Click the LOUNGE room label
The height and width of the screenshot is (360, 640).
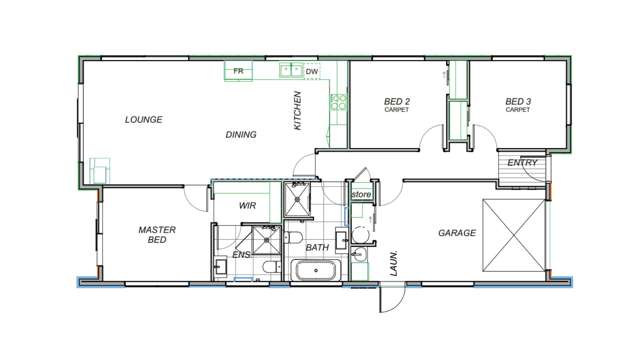pyautogui.click(x=143, y=119)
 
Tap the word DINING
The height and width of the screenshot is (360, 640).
pyautogui.click(x=240, y=134)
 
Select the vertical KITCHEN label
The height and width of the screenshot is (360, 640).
pyautogui.click(x=297, y=111)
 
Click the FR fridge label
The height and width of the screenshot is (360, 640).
pyautogui.click(x=238, y=72)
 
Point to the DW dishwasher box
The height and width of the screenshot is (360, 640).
pyautogui.click(x=311, y=72)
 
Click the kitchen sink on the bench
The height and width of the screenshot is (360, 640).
pyautogui.click(x=290, y=70)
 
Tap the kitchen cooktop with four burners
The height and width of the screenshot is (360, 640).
pyautogui.click(x=338, y=101)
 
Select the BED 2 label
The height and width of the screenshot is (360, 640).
pyautogui.click(x=398, y=102)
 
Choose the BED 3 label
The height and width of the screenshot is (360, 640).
pyautogui.click(x=517, y=102)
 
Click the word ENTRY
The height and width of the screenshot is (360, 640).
pyautogui.click(x=522, y=162)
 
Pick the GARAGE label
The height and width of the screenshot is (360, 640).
pyautogui.click(x=456, y=233)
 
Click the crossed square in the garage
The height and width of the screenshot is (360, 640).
pyautogui.click(x=514, y=236)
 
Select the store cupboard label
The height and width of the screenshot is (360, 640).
pyautogui.click(x=360, y=193)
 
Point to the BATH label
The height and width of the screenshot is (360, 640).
pyautogui.click(x=317, y=247)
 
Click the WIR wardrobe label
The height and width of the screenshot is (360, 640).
pyautogui.click(x=249, y=206)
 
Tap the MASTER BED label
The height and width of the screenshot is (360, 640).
pyautogui.click(x=157, y=235)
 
